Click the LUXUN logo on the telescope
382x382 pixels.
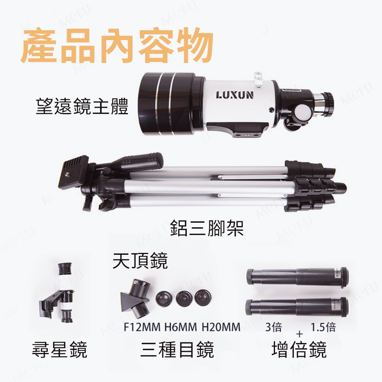tap(235, 95)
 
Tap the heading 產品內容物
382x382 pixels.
tap(117, 45)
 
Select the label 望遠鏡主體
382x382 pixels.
tap(82, 106)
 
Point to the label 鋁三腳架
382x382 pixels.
tap(207, 228)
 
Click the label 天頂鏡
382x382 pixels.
tap(140, 261)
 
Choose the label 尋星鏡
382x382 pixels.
tap(60, 350)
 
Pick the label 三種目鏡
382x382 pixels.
tap(177, 350)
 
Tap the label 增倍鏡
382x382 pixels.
tap(299, 350)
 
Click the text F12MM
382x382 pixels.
tap(142, 327)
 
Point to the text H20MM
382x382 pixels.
tap(221, 327)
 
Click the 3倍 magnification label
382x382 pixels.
tap(274, 327)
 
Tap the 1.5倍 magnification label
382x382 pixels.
tap(323, 327)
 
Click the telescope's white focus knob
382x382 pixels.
tap(303, 112)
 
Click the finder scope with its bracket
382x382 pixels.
tap(58, 292)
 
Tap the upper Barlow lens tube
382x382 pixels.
tap(297, 277)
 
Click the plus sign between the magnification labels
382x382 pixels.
tap(299, 334)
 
